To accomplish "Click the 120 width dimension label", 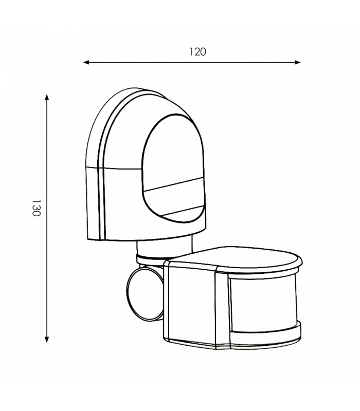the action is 197,52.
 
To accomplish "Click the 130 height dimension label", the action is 36,208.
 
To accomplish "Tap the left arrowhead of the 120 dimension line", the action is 86,62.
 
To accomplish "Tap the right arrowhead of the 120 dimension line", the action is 297,62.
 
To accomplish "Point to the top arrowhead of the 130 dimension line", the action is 47,97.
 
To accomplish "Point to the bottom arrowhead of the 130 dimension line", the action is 47,339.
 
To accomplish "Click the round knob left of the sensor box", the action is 145,294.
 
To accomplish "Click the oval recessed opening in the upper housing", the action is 173,168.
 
